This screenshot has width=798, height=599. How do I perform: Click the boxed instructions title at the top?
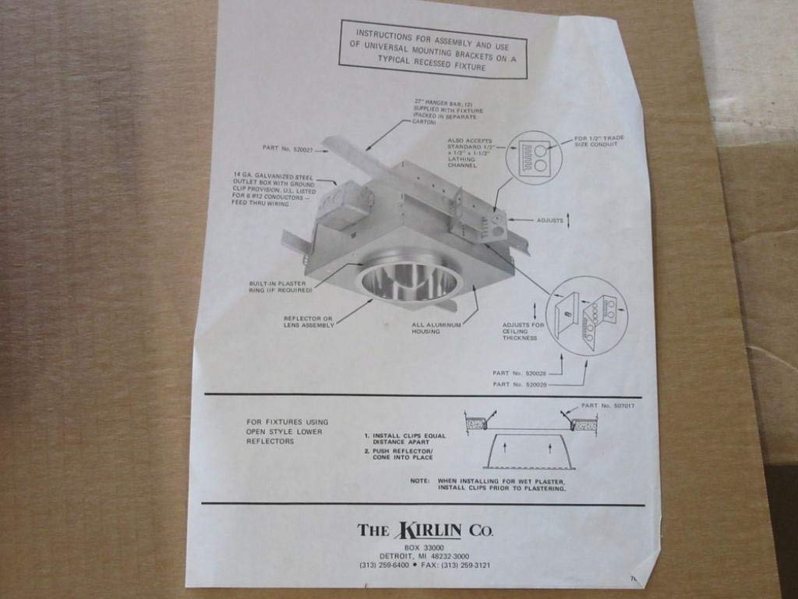click(433, 50)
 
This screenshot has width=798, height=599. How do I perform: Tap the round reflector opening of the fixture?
click(409, 281)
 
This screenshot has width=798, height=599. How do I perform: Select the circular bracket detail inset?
click(587, 315)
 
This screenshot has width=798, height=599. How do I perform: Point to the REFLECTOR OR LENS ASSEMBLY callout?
click(309, 321)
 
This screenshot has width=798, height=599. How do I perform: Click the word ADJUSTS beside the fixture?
click(550, 221)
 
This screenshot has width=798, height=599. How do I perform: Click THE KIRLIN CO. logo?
click(425, 531)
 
